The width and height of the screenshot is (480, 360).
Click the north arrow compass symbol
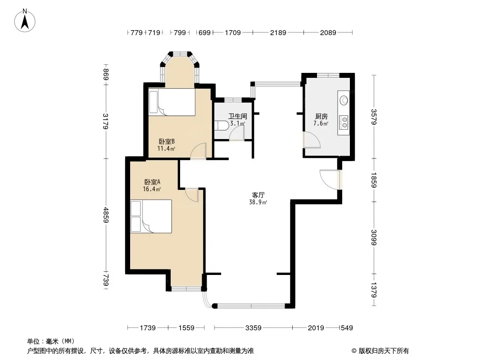coord(25,21)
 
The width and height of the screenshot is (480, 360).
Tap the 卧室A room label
coord(152,182)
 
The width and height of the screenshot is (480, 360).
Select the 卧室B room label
coord(167,142)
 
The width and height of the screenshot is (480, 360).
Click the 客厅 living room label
coord(258,195)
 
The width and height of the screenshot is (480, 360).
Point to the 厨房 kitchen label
coord(321,116)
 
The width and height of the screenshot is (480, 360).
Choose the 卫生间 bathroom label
coord(238,116)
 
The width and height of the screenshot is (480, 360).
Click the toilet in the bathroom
coord(221,125)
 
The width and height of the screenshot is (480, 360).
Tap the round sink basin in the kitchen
coord(344,100)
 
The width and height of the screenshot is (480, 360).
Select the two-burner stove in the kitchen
coord(344,122)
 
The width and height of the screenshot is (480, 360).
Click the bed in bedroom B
coord(172,102)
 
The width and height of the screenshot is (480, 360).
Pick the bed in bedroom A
coord(151,216)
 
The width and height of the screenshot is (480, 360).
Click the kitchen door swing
coord(312,140)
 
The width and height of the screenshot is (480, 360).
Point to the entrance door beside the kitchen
coord(331,180)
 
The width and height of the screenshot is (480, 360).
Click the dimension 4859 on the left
coord(106,215)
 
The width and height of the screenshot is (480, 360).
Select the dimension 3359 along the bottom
coord(254,328)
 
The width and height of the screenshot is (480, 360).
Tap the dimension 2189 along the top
coord(278,32)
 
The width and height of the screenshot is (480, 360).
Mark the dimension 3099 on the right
coord(373,237)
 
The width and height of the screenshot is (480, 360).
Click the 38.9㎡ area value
coord(258,202)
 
